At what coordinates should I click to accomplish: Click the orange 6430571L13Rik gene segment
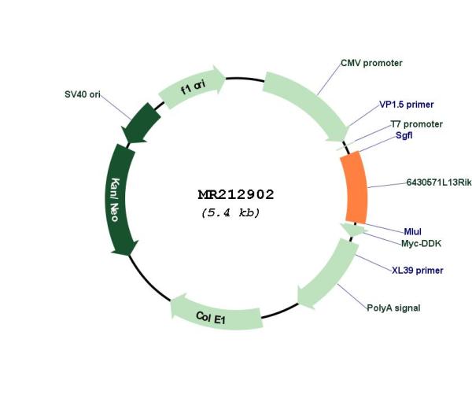356,187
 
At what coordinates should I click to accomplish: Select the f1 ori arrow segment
193,87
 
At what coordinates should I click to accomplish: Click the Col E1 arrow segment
216,316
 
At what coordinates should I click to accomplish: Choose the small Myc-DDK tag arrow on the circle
354,230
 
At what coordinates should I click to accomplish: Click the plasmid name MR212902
236,194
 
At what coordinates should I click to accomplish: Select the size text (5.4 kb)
230,212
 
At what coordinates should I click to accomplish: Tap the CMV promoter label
371,63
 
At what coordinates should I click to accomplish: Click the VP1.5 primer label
407,105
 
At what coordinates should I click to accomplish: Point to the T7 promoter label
417,124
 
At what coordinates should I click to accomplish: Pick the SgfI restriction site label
404,135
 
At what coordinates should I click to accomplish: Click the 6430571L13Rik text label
439,182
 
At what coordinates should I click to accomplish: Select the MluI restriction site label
413,231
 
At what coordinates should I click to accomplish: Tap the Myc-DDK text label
421,243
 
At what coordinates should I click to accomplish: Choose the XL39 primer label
418,271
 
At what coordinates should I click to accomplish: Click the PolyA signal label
393,308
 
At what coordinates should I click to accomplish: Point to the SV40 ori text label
83,94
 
